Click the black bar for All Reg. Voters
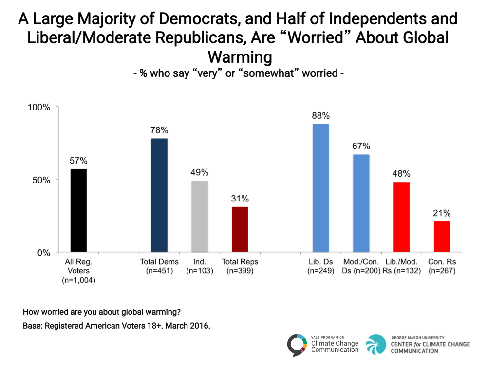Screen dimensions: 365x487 pos(78,211)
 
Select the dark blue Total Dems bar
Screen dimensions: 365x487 pos(159,195)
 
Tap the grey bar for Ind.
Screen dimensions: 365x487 pos(200,217)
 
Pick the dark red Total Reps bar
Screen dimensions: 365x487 pos(240,230)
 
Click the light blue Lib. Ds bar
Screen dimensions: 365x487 pos(321,188)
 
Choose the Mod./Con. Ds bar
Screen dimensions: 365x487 pos(361,203)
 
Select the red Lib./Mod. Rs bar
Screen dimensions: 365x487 pos(402,217)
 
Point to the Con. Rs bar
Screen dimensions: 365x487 pos(442,237)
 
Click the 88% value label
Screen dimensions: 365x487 pos(321,116)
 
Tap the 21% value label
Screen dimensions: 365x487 pos(442,213)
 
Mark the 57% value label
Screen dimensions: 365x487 pos(78,161)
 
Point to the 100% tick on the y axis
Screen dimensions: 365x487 pos(38,107)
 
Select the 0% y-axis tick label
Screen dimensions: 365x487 pos(43,253)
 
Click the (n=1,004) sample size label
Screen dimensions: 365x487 pos(78,280)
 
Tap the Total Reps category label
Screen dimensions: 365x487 pos(240,262)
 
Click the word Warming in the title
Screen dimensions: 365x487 pos(240,57)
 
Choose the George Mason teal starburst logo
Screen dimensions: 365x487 pos(376,345)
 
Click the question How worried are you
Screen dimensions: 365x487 pos(104,312)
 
